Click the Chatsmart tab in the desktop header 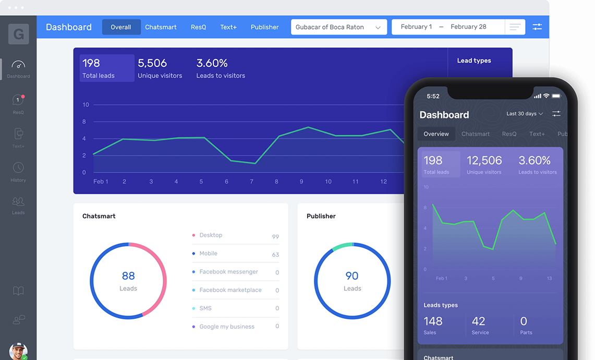(x=161, y=27)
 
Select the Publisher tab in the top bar (x=264, y=27)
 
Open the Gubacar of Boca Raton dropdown (x=338, y=27)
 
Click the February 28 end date (x=468, y=27)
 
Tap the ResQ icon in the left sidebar (x=18, y=100)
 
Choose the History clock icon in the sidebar (x=18, y=167)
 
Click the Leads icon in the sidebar (x=18, y=201)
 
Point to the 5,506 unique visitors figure (x=152, y=63)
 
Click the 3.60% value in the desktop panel (x=212, y=63)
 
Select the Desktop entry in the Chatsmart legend (x=211, y=235)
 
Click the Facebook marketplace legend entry (x=230, y=290)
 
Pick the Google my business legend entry (x=227, y=327)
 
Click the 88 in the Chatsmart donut (x=128, y=276)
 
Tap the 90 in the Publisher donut (x=352, y=276)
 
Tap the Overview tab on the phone (x=436, y=134)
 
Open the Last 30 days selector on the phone (x=524, y=114)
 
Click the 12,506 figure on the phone (x=484, y=161)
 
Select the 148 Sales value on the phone (x=433, y=321)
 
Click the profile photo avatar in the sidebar (x=18, y=351)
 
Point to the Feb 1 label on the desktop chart (x=101, y=182)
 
